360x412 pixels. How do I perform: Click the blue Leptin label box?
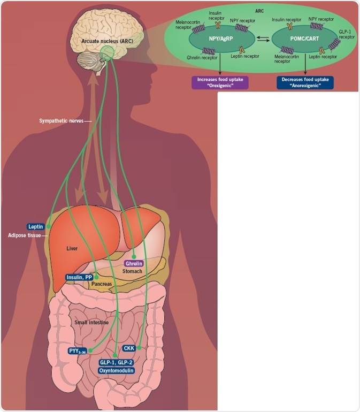click(35, 227)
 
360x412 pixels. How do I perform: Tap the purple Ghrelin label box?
click(134, 264)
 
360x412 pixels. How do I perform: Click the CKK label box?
click(129, 348)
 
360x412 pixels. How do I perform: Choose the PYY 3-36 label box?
click(77, 351)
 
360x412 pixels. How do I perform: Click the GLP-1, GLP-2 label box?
click(116, 362)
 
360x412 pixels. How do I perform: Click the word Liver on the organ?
click(72, 249)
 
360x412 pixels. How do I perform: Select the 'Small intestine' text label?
click(91, 323)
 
